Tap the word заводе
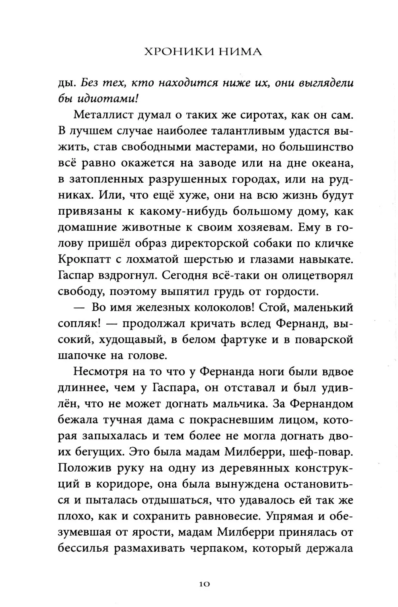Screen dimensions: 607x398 (x=215, y=163)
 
